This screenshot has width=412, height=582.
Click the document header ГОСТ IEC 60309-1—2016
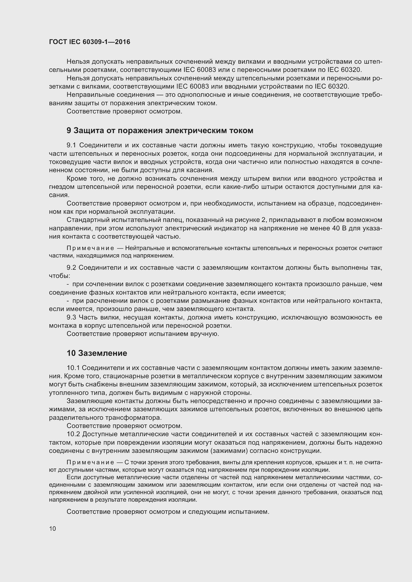coord(90,42)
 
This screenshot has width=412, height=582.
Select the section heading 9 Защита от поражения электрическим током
coord(160,131)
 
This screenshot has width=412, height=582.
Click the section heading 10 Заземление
coord(97,353)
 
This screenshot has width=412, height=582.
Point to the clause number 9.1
coord(71,145)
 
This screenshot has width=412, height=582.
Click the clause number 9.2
coord(71,268)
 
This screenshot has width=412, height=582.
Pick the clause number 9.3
coord(71,317)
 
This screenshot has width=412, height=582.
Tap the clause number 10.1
coord(73,368)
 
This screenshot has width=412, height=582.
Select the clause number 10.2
coord(73,434)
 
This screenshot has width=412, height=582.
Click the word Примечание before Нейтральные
coord(90,248)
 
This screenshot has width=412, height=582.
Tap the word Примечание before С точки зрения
coord(90,463)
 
